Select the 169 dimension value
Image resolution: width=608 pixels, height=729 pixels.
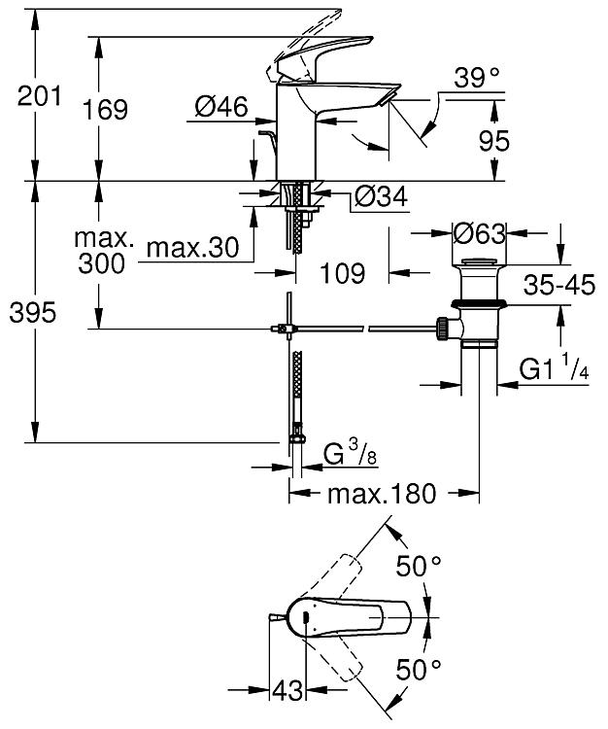106,110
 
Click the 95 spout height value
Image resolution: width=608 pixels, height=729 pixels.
494,142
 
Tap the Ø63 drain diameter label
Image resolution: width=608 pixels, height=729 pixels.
479,234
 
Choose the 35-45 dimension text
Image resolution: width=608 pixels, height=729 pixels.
558,286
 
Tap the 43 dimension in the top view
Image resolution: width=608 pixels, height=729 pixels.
288,692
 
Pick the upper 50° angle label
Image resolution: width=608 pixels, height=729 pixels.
420,565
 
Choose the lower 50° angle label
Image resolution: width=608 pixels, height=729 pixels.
420,669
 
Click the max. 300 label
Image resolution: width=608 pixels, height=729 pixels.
103,251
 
